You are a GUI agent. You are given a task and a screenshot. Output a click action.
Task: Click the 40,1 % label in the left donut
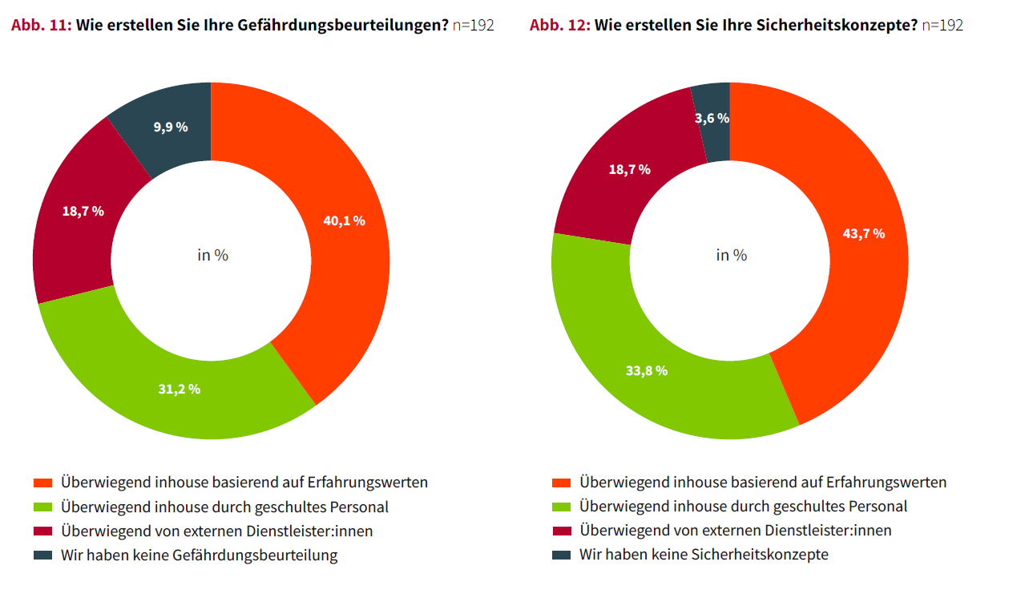click(344, 220)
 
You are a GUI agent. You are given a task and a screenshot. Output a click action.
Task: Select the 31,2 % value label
click(179, 390)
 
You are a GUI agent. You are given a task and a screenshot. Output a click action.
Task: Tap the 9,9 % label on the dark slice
click(170, 127)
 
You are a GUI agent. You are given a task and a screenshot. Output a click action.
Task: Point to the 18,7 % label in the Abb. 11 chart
click(83, 211)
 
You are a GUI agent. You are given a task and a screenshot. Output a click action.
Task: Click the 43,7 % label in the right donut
click(863, 233)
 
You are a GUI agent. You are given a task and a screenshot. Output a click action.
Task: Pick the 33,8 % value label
click(646, 371)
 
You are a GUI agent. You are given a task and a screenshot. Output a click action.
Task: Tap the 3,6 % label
click(712, 118)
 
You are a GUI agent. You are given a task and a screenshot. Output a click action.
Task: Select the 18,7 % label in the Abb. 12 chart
click(629, 169)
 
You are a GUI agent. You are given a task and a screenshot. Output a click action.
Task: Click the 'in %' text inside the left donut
click(212, 255)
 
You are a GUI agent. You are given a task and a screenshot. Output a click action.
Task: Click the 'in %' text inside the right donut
click(731, 255)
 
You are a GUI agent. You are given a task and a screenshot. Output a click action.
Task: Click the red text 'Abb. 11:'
click(42, 25)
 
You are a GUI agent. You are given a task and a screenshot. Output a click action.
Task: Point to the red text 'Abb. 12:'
click(560, 25)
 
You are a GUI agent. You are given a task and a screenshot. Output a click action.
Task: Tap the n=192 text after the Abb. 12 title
click(942, 25)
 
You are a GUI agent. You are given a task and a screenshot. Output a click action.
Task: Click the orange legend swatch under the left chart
click(42, 483)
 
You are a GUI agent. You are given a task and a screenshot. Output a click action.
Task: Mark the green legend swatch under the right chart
click(561, 507)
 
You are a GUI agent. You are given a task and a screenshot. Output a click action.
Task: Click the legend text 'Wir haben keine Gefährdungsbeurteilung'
click(200, 555)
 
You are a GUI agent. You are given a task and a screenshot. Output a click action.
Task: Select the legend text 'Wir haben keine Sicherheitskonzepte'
click(704, 555)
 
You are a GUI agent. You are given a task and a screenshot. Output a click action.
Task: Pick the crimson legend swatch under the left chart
click(42, 531)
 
